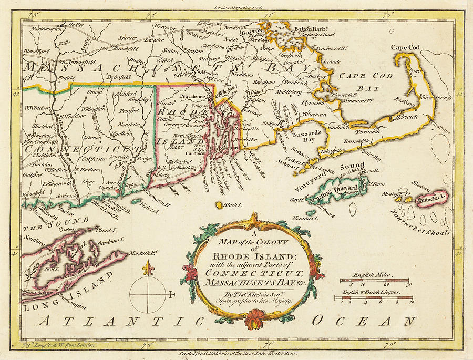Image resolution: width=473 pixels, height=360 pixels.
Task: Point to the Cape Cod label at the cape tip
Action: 405,48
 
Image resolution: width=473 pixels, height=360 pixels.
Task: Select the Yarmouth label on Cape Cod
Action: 367,131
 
